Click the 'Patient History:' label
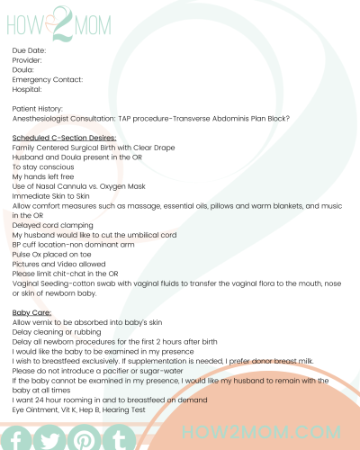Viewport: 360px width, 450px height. coord(37,108)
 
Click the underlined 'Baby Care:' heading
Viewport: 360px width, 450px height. coord(31,312)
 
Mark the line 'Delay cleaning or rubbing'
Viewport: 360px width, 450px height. coord(56,331)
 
